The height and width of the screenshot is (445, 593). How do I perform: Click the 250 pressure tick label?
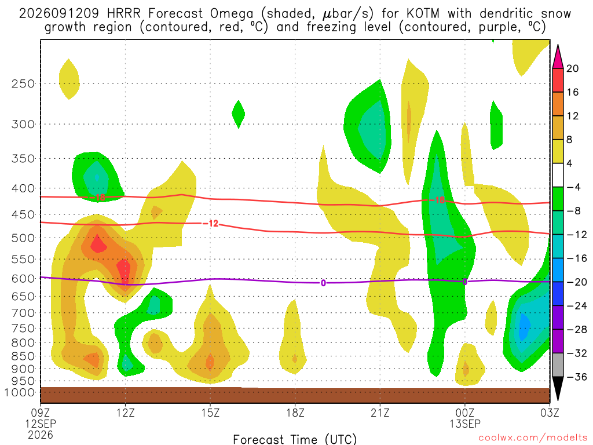(x=23, y=83)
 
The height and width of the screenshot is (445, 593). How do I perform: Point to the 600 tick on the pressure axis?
(x=23, y=279)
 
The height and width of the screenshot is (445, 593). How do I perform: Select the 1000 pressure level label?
(x=19, y=392)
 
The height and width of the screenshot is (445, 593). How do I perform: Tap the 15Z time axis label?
(x=210, y=413)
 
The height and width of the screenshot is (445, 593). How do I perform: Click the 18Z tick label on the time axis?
(x=295, y=413)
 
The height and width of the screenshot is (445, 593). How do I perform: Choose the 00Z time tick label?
(x=465, y=413)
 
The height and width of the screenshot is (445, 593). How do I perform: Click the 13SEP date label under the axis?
(x=465, y=424)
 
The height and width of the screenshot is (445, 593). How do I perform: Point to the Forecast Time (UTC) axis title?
(x=295, y=439)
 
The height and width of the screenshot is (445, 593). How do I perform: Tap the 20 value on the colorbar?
(x=572, y=68)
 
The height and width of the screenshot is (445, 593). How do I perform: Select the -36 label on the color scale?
(x=576, y=377)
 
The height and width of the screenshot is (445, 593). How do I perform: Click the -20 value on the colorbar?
(x=576, y=282)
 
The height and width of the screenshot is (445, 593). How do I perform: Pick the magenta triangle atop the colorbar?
(x=558, y=57)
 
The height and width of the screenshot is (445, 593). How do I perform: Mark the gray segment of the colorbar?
(x=558, y=365)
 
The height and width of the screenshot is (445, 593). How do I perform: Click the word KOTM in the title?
(x=423, y=14)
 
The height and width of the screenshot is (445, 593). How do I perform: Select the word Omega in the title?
(x=232, y=14)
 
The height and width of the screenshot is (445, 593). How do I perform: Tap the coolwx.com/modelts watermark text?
(x=533, y=438)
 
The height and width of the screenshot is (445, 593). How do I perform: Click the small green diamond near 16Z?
(x=238, y=114)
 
